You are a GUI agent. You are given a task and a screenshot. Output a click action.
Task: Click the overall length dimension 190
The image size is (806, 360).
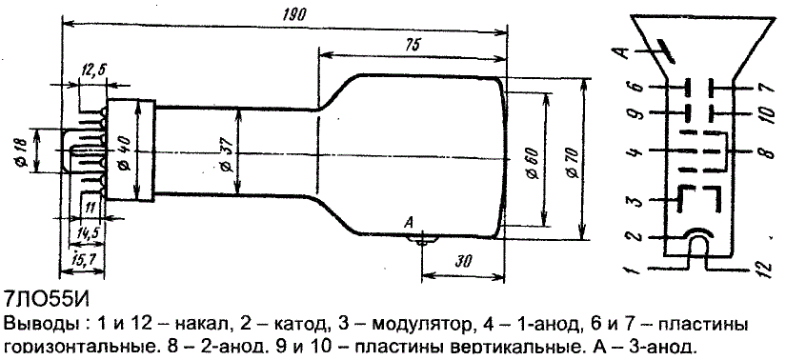pyautogui.click(x=294, y=14)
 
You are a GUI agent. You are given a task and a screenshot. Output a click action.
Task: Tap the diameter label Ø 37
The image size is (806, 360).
pyautogui.click(x=230, y=154)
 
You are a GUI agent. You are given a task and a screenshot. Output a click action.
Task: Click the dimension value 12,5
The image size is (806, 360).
pyautogui.click(x=92, y=70)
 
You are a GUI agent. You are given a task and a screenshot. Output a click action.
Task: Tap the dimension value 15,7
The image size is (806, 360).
pyautogui.click(x=82, y=261)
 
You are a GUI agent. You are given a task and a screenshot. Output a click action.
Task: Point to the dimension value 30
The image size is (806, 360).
pyautogui.click(x=463, y=261)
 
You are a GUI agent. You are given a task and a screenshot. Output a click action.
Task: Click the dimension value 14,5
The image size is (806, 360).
pyautogui.click(x=87, y=233)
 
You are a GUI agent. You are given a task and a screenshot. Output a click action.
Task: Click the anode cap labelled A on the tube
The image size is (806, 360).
pyautogui.click(x=423, y=238)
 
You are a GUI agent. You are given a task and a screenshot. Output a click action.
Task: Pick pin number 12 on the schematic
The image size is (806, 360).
pyautogui.click(x=765, y=268)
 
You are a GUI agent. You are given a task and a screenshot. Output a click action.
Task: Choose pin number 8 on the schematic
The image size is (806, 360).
pyautogui.click(x=767, y=152)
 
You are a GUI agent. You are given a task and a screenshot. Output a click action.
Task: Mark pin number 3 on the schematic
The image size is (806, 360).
pyautogui.click(x=637, y=199)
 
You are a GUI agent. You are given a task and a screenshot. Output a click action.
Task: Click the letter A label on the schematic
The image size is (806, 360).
pyautogui.click(x=623, y=52)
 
